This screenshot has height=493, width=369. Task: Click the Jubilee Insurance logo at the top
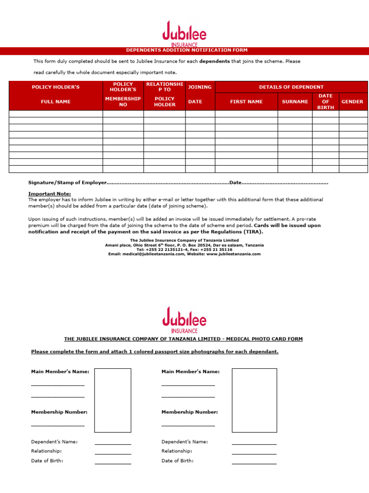coord(184,33)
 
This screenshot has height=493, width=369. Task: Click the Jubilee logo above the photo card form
coord(184,319)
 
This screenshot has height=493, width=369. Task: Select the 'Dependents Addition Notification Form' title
coord(187,50)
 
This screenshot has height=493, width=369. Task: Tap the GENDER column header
coord(352,102)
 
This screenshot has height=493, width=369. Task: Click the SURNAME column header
coord(295,102)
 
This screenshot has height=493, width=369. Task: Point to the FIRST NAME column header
coord(246,102)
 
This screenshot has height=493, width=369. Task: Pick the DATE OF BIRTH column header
coord(325,102)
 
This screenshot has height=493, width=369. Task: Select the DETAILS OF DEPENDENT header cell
coord(291,87)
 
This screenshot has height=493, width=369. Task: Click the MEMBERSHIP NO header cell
coord(123,102)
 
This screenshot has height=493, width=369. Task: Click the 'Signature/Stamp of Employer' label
coord(66,183)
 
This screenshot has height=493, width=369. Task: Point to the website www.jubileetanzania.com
coord(234,254)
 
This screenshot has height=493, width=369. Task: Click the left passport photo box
coord(113,400)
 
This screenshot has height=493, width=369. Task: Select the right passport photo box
coord(254,400)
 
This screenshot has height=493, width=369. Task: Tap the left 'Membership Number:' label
coord(59,412)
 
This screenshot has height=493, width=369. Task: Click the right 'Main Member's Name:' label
coord(190,372)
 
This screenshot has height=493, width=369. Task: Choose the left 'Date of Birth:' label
coord(47,461)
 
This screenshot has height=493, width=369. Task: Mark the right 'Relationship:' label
coord(177,451)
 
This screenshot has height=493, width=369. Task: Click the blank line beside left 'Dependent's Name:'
coord(113,443)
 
